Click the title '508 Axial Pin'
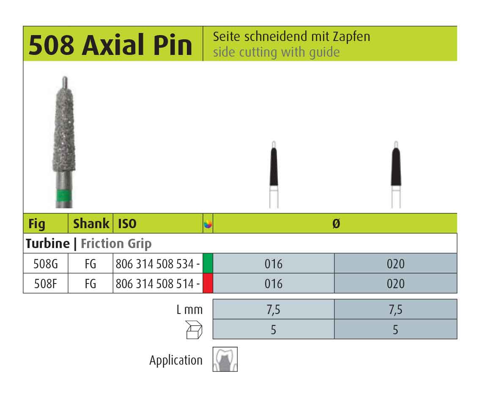(x=110, y=45)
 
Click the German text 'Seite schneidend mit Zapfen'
(x=291, y=37)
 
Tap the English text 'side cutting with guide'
(x=276, y=52)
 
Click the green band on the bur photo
(x=64, y=195)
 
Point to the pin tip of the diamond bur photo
(x=65, y=77)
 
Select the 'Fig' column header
(x=37, y=224)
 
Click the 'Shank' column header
(x=91, y=224)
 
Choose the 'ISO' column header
(x=127, y=224)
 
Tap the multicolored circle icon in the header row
(x=208, y=224)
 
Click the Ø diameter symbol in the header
(x=336, y=224)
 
